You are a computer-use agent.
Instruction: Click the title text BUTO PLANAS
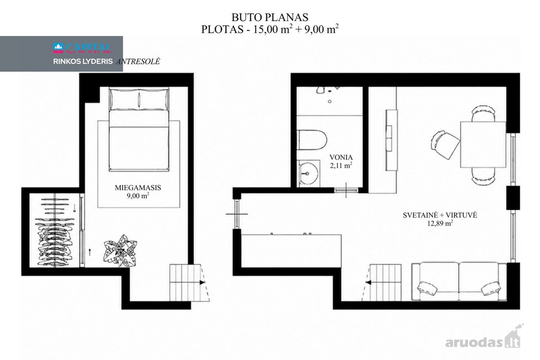click(270, 18)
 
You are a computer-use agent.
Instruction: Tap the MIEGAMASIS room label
click(138, 188)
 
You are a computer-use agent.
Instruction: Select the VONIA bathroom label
click(341, 157)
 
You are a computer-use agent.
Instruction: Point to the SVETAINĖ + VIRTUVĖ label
click(440, 215)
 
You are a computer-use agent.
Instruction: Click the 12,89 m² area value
click(440, 223)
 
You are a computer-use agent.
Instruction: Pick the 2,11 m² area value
click(341, 166)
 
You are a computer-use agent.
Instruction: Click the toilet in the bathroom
click(312, 140)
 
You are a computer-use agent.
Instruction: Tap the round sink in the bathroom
click(309, 173)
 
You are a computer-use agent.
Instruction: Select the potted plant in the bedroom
click(120, 251)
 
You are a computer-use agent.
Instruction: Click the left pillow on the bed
click(124, 99)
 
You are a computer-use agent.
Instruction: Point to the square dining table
click(483, 144)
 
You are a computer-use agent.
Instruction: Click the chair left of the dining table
click(445, 144)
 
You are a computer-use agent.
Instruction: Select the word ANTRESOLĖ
click(138, 62)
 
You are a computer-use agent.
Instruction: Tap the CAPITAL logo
click(82, 48)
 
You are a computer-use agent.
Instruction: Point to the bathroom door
click(346, 190)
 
